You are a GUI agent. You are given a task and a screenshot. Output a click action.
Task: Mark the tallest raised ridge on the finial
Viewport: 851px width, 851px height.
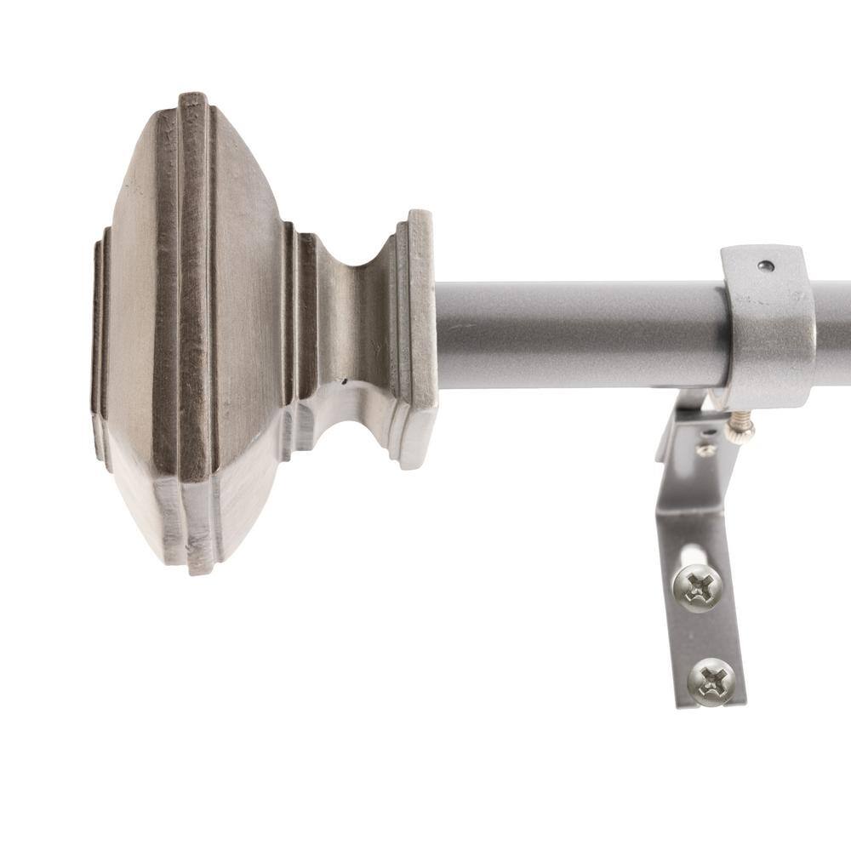click(193, 332)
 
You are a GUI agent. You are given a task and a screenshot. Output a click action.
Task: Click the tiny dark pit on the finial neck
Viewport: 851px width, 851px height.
click(344, 385)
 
